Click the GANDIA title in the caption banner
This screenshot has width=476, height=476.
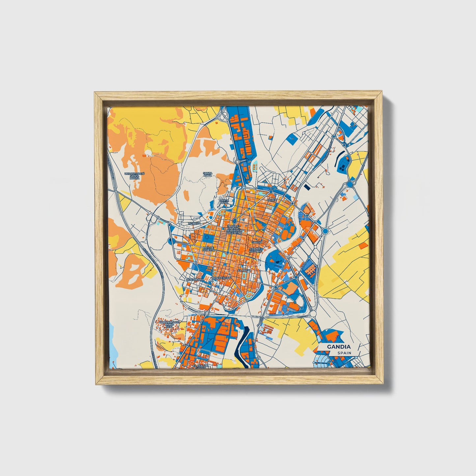point(339,347)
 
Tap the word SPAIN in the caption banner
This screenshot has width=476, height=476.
point(344,353)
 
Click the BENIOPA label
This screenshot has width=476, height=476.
point(194,223)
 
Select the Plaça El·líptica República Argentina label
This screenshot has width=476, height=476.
point(234,228)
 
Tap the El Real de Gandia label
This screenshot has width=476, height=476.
point(201,367)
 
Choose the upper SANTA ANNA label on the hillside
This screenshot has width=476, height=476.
point(208,174)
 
